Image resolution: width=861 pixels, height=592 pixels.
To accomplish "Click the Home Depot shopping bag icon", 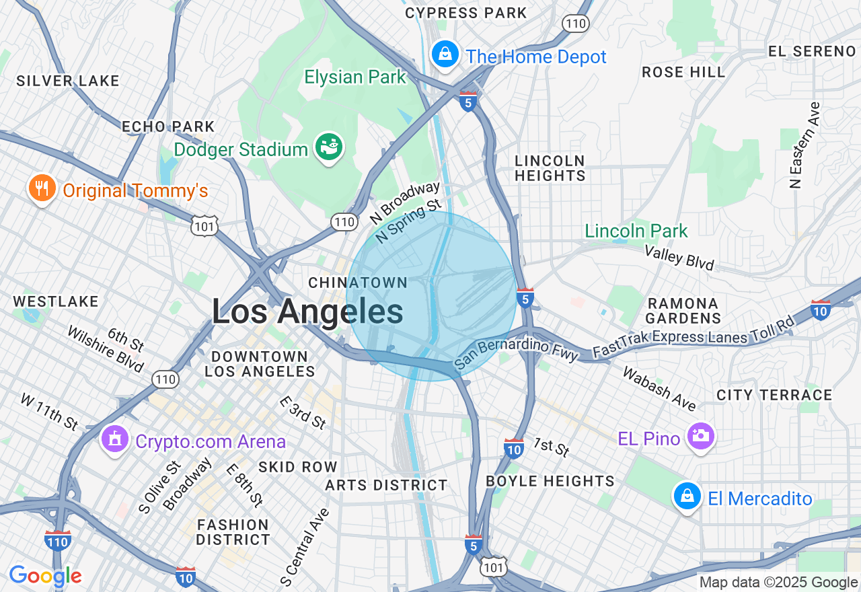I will coord(445,54).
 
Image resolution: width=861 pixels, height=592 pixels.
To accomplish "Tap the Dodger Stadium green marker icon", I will coord(330,147).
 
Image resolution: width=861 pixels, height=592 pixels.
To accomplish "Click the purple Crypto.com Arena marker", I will coord(114,440).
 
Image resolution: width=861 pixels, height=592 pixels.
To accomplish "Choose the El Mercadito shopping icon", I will coord(687,496).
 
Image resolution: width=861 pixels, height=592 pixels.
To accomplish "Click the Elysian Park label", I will coord(355,77).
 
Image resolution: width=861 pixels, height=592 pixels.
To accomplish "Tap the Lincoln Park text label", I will coord(636,231).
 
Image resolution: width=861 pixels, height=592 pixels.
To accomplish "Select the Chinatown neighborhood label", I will coord(358,283).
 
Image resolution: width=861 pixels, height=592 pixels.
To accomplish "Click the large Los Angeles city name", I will coord(307,312).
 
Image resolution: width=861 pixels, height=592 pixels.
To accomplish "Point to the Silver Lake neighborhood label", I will coord(67,81).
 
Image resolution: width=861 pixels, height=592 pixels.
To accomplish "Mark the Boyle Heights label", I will coord(550,481).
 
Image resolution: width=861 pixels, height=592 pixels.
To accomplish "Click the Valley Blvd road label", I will coord(679,258).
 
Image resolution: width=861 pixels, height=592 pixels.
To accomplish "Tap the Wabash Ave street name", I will coord(659,388).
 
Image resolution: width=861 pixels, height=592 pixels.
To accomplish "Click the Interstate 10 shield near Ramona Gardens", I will coord(820,309).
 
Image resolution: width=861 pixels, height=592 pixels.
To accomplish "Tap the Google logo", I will coord(45,576).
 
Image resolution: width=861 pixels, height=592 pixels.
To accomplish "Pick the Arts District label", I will coord(386,485).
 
